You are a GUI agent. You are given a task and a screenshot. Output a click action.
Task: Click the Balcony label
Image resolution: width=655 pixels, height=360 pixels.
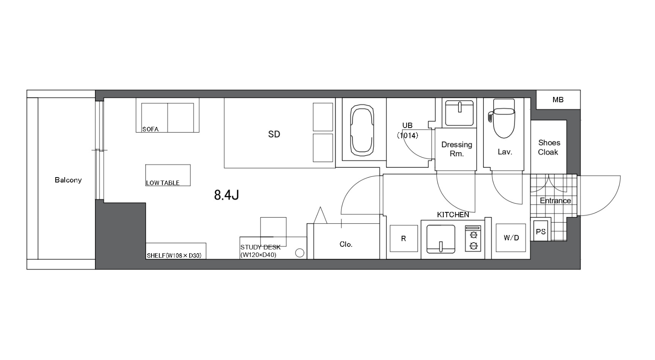(68, 180)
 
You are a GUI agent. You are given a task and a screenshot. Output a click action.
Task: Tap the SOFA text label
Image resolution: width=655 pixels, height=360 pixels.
(150, 129)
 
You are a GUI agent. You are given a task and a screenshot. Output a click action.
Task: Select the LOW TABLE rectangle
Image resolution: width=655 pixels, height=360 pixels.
(168, 175)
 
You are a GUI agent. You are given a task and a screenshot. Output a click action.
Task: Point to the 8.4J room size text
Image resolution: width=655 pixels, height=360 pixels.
(226, 195)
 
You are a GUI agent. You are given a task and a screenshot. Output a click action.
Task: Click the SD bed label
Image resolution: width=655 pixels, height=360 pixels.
(274, 134)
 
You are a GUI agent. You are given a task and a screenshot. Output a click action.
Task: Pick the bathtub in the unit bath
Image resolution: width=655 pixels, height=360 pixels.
(362, 130)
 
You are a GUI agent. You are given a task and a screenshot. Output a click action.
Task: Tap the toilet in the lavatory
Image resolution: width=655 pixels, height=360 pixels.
(504, 118)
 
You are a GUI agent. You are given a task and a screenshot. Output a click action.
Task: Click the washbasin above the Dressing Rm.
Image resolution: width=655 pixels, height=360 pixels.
(459, 113)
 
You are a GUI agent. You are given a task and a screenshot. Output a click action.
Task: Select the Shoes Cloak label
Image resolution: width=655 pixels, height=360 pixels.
(549, 147)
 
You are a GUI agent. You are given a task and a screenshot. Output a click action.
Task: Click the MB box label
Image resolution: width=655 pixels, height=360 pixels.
(558, 100)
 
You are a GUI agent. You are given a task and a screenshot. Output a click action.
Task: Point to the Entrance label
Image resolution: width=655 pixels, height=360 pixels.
(555, 201)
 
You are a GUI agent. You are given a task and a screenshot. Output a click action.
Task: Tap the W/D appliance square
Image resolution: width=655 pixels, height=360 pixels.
(511, 238)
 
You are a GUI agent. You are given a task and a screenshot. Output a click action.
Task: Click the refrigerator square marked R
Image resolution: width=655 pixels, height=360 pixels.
(404, 238)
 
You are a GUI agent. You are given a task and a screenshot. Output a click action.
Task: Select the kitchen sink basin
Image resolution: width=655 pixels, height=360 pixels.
(440, 239)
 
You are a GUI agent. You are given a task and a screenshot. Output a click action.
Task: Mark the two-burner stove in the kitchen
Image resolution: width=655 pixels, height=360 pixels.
(473, 238)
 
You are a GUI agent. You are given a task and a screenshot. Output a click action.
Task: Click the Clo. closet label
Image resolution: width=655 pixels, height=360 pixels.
(346, 244)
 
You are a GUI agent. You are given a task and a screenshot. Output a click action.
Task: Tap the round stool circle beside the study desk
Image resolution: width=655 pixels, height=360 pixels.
(300, 253)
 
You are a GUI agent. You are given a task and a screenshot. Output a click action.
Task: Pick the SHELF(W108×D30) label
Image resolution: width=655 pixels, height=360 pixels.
(174, 256)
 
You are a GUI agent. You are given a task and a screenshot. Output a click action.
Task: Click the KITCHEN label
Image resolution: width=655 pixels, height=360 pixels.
(453, 215)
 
